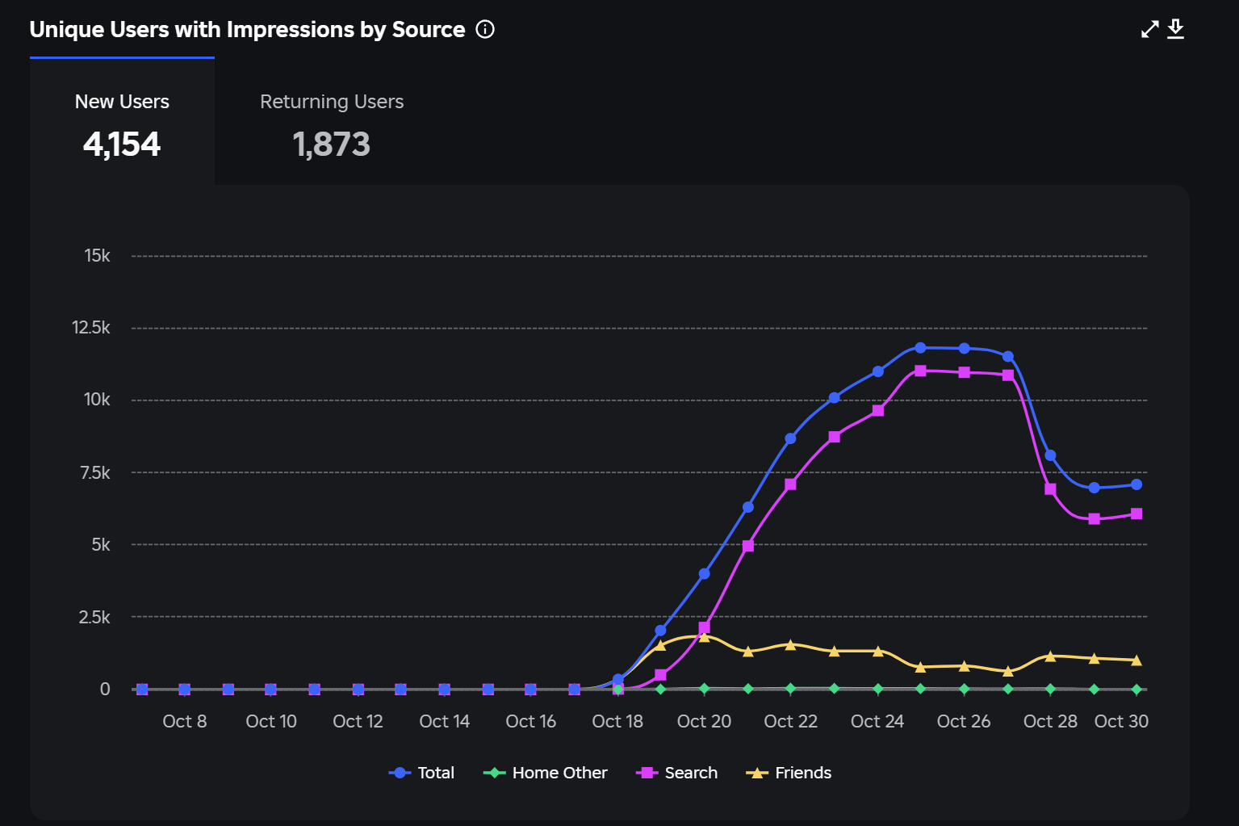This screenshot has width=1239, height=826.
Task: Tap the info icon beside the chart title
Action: [x=485, y=30]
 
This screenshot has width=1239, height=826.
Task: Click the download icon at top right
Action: [x=1176, y=29]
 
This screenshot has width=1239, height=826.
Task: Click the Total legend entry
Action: [x=422, y=773]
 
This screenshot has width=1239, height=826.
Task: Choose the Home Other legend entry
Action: [x=546, y=773]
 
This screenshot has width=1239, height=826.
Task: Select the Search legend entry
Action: [x=677, y=773]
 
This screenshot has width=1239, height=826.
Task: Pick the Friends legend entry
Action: [x=789, y=773]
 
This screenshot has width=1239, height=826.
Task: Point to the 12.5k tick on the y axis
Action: [x=91, y=328]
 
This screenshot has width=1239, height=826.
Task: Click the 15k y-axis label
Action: [x=97, y=256]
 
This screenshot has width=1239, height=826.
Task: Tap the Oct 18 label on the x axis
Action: [x=617, y=721]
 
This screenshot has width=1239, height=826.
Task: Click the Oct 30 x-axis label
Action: [x=1121, y=721]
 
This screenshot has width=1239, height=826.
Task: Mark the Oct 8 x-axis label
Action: [x=185, y=721]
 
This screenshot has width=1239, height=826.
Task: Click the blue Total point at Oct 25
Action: [x=920, y=348]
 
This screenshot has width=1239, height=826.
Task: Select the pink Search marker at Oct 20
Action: [x=704, y=627]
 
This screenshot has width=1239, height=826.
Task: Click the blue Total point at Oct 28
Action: [x=1050, y=455]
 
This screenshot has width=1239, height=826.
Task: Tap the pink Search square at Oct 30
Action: [x=1136, y=514]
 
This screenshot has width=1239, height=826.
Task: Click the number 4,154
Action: [x=122, y=145]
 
